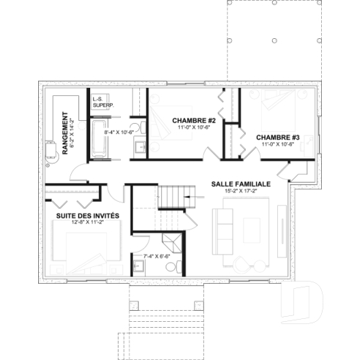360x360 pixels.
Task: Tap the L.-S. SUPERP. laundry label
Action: [102, 102]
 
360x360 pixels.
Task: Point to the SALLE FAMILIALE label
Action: [241, 183]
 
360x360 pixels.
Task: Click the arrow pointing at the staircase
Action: [193, 196]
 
